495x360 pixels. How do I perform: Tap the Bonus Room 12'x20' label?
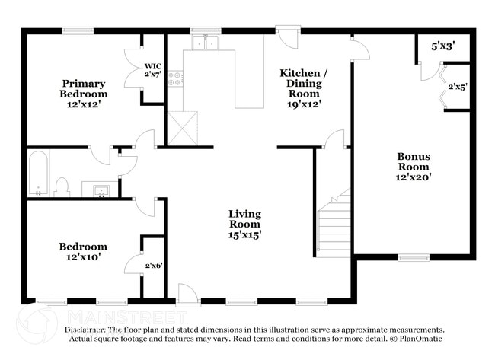coord(414,167)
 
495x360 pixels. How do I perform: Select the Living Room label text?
coord(244,225)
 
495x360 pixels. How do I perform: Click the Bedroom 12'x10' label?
coord(84,252)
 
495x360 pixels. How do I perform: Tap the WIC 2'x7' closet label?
coord(153,70)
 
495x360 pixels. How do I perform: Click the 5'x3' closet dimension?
coord(442,46)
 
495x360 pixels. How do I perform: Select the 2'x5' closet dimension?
coord(457,87)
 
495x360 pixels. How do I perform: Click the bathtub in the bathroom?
coord(37,173)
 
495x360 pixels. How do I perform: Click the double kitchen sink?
coord(205,43)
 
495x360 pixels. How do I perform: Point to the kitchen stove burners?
coord(175,78)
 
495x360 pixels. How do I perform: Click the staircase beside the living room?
coord(333,226)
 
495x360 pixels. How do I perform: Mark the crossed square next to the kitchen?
coord(182,127)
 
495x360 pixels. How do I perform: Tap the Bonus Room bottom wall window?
coord(414,258)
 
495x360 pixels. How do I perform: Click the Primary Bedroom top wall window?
coord(77,31)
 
